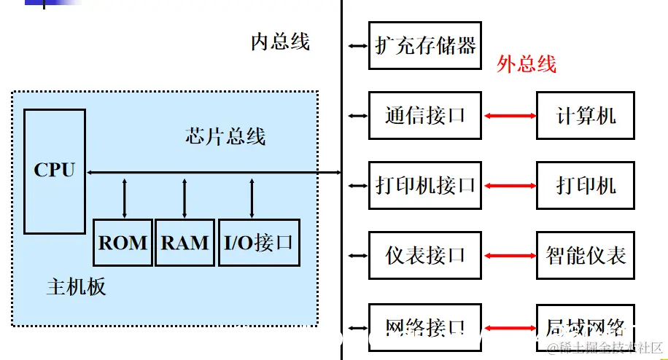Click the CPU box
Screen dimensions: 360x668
pyautogui.click(x=55, y=171)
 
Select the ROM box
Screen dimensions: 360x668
pyautogui.click(x=123, y=243)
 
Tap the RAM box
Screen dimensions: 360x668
pyautogui.click(x=185, y=243)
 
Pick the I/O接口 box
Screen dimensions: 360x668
pyautogui.click(x=259, y=243)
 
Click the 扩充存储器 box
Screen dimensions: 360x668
pyautogui.click(x=425, y=46)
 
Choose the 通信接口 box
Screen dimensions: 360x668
pyautogui.click(x=425, y=115)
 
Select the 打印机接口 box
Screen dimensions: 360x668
pyautogui.click(x=425, y=185)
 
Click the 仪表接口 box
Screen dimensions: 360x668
pyautogui.click(x=425, y=255)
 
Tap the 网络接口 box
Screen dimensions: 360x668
pyautogui.click(x=425, y=325)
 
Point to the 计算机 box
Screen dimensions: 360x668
pyautogui.click(x=586, y=115)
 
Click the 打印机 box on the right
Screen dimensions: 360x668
pyautogui.click(x=586, y=185)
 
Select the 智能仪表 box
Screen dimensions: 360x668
pyautogui.click(x=586, y=255)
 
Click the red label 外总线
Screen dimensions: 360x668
pyautogui.click(x=527, y=64)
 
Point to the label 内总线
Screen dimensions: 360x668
pyautogui.click(x=280, y=42)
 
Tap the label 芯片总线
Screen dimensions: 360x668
pyautogui.click(x=225, y=136)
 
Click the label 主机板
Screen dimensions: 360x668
pyautogui.click(x=76, y=286)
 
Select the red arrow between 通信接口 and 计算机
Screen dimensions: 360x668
pyautogui.click(x=509, y=116)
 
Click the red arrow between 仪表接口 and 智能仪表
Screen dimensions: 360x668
pyautogui.click(x=509, y=255)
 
